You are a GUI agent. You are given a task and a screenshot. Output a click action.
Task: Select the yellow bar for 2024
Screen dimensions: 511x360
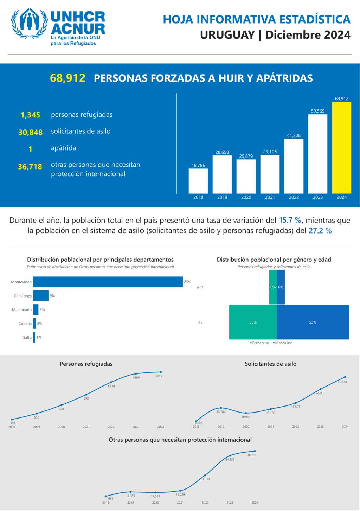(x=341, y=148)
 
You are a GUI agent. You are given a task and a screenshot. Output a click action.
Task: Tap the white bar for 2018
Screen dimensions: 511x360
(x=198, y=181)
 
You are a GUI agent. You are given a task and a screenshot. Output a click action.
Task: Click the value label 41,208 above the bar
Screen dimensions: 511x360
(x=294, y=135)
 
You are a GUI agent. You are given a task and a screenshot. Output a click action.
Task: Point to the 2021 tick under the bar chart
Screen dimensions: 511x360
(x=270, y=197)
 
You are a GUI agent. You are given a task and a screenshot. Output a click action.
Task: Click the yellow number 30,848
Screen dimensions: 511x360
(x=31, y=132)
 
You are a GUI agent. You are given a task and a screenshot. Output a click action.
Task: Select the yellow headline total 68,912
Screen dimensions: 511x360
(x=67, y=78)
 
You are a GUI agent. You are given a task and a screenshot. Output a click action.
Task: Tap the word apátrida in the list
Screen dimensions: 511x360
(x=64, y=148)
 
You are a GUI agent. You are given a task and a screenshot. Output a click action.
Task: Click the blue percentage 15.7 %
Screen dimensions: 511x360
(x=290, y=220)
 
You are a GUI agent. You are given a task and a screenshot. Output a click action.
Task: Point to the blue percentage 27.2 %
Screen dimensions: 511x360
(x=320, y=231)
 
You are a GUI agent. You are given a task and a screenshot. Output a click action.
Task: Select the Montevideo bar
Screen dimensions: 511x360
(x=108, y=282)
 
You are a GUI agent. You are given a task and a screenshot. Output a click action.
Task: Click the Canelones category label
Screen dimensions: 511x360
(x=23, y=296)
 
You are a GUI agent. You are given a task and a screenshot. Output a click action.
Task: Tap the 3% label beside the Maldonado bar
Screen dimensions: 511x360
(x=42, y=310)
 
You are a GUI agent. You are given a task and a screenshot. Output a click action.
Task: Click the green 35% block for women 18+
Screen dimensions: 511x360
(x=253, y=322)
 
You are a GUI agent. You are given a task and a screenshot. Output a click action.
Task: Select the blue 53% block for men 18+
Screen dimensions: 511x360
(x=313, y=322)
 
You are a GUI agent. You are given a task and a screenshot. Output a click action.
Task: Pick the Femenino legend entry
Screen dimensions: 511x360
(x=260, y=343)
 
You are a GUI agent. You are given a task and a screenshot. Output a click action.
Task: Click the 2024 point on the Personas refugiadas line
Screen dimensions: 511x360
(x=161, y=372)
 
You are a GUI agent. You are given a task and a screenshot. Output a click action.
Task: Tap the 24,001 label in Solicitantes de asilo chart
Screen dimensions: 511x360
(x=320, y=393)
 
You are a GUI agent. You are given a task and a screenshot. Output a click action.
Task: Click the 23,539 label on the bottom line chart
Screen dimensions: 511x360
(x=205, y=479)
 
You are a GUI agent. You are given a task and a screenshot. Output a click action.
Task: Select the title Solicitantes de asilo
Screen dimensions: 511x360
(x=270, y=364)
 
